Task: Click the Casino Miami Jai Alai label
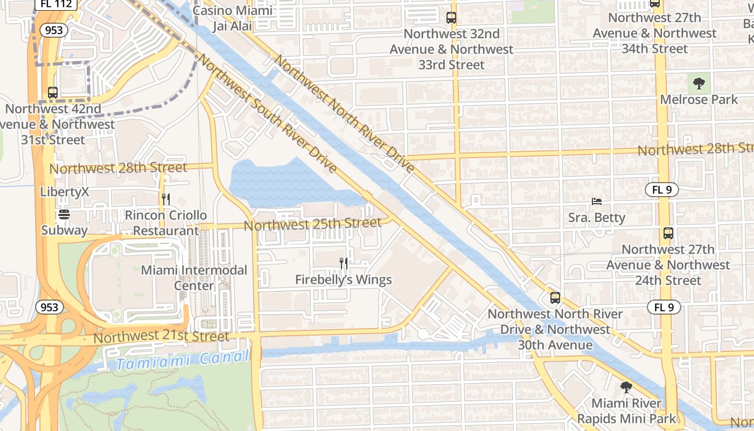coord(232,18)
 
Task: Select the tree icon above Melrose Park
coord(699,84)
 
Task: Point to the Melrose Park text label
coord(699,100)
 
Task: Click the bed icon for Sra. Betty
coord(597,201)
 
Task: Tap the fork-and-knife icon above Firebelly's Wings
coord(344,263)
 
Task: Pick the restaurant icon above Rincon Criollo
coord(166,199)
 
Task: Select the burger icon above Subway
coord(64,214)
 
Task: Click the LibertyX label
coord(64,192)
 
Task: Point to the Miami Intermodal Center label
coord(194,277)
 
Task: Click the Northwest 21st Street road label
coord(162,337)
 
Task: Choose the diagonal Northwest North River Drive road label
coord(345,113)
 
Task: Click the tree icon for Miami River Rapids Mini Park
coord(626,387)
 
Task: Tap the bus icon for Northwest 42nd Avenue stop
coord(53,92)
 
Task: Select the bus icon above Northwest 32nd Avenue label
coord(451,18)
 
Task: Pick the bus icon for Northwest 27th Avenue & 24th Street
coord(668,233)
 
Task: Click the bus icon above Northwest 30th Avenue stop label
coord(555,297)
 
